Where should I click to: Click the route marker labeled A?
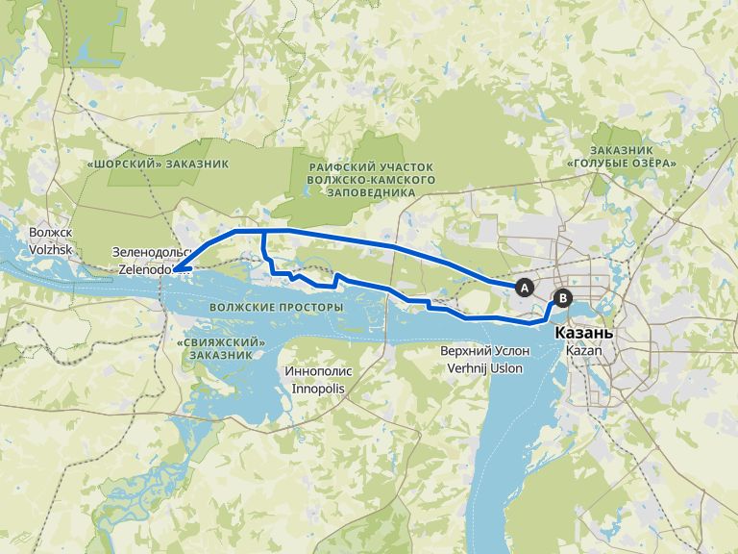point(525,287)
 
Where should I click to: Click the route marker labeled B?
point(563,298)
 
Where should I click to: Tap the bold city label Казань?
point(583,333)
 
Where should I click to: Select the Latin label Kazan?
point(583,351)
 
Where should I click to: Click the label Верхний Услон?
point(484,352)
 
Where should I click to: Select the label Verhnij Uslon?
point(484,368)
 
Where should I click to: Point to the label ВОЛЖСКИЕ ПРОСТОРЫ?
point(275,308)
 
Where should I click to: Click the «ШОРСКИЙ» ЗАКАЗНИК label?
point(158,164)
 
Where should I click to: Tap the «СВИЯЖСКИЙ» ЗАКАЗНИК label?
point(222,348)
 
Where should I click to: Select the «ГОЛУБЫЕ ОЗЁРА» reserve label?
point(622,158)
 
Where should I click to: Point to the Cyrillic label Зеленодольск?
point(153,254)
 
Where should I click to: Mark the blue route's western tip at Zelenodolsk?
point(175,270)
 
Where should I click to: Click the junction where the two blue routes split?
point(262,232)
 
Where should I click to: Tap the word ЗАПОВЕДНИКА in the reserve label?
point(371,192)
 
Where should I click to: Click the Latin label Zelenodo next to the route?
point(145,270)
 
